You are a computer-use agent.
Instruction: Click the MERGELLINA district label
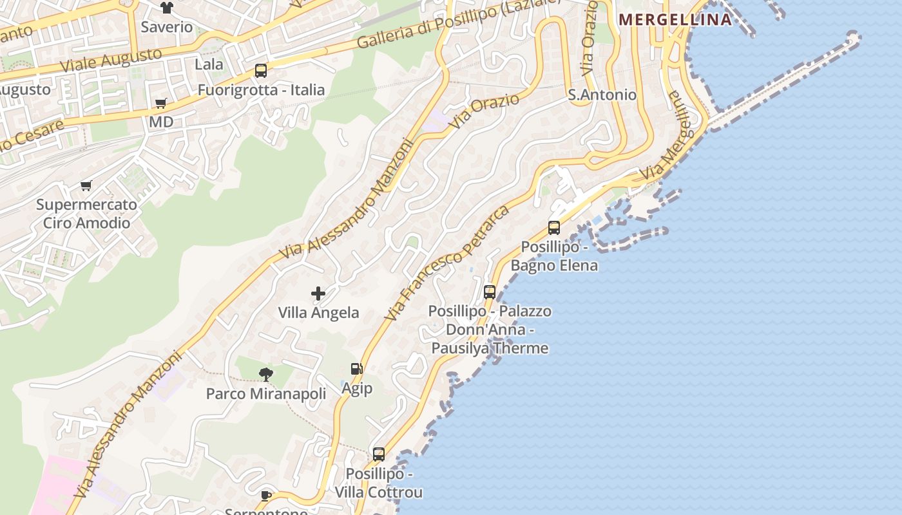click(675, 19)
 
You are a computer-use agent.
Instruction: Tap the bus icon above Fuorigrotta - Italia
click(261, 71)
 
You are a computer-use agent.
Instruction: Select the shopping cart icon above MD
click(161, 103)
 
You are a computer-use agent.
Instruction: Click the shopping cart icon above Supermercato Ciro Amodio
click(86, 186)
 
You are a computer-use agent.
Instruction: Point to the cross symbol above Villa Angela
click(318, 294)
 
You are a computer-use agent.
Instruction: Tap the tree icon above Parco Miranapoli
click(265, 374)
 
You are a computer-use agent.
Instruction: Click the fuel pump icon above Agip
click(356, 369)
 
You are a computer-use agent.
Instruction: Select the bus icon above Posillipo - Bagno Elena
click(554, 227)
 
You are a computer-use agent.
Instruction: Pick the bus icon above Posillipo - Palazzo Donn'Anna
click(490, 292)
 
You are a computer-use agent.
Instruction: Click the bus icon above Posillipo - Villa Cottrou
click(379, 454)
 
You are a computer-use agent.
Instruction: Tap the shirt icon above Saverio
click(167, 8)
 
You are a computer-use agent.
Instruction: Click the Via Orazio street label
click(484, 111)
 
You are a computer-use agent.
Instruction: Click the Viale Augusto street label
click(110, 60)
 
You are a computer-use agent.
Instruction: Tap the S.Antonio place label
click(602, 95)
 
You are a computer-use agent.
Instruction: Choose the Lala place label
click(209, 64)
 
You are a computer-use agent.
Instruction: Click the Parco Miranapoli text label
click(266, 393)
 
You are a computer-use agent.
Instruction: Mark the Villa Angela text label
click(318, 313)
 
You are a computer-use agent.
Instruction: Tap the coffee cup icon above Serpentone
click(266, 495)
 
